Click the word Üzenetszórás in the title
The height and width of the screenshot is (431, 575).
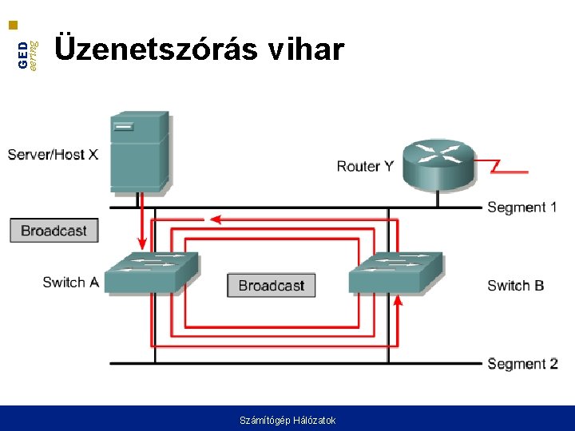[155, 49]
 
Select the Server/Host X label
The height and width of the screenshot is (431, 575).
[53, 154]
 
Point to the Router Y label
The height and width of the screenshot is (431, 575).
[364, 166]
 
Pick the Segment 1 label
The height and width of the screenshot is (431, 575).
[521, 208]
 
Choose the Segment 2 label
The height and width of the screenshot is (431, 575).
[521, 364]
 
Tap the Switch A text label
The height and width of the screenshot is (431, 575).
[70, 282]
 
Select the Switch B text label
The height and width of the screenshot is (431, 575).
[515, 285]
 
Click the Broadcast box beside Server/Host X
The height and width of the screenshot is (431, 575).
[54, 231]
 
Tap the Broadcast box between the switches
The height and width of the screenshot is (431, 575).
[271, 285]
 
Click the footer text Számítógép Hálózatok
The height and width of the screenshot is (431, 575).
[287, 420]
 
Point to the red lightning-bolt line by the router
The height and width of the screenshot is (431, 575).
[503, 168]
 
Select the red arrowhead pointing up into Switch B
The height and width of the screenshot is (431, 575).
[399, 300]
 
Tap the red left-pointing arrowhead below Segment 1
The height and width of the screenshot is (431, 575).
[214, 219]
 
